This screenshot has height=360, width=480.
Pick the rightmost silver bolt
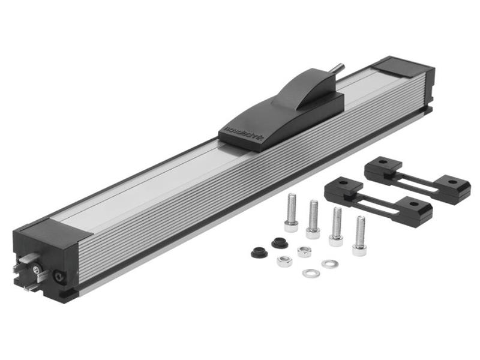[359, 235]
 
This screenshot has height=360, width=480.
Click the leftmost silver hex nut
[284, 261]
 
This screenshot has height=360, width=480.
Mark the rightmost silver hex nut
[304, 251]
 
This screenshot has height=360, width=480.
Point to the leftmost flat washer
[310, 273]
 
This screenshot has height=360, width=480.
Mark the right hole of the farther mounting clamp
[454, 182]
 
